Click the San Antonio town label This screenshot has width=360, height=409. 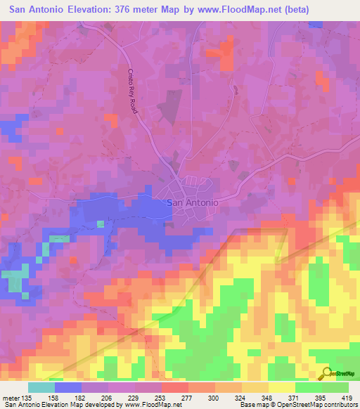click(192, 202)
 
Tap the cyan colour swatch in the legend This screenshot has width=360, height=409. click(41, 387)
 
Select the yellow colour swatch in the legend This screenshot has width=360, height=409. click(281, 387)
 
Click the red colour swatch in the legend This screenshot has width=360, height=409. click(175, 387)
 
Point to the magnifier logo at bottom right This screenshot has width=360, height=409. click(325, 373)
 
